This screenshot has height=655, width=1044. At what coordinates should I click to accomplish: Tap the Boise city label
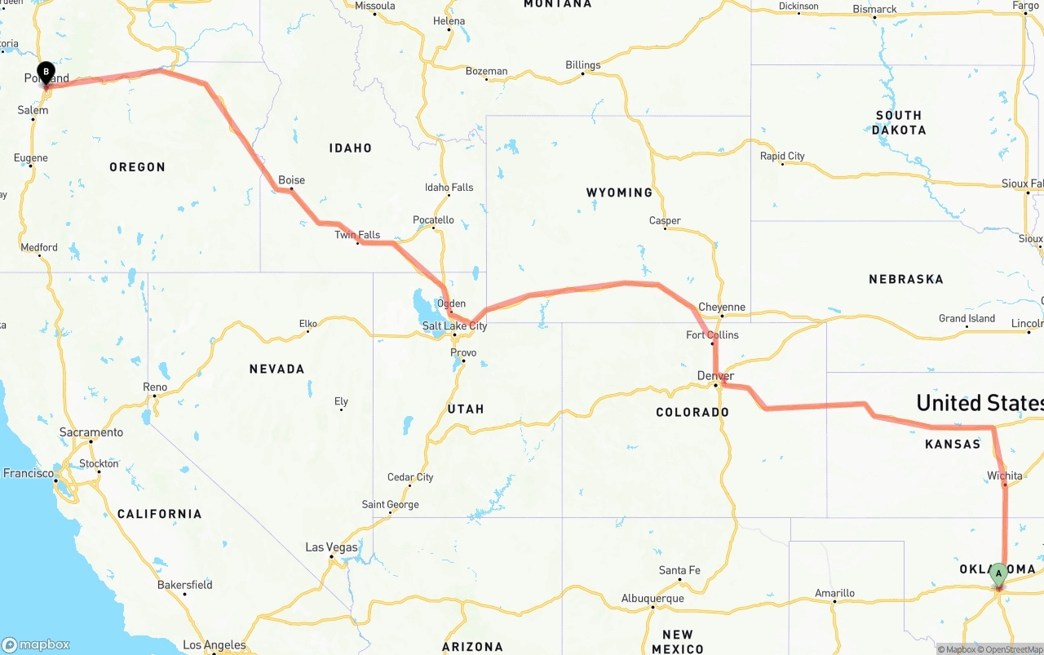[291, 180]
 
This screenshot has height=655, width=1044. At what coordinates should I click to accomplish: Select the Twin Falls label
[357, 235]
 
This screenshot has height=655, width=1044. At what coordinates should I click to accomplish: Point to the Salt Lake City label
[454, 326]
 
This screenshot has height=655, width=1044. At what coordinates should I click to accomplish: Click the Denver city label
[715, 376]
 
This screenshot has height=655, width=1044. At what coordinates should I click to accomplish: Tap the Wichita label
[1004, 476]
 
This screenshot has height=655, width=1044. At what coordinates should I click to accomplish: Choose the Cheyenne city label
[722, 308]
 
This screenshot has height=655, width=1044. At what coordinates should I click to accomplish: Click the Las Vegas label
[331, 547]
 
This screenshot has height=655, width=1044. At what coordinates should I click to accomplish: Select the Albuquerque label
[652, 598]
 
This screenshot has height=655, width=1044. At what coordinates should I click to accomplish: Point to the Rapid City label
[782, 156]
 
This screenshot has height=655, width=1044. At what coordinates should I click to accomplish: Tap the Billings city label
[582, 65]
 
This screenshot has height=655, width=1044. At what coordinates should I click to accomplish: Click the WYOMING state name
[619, 193]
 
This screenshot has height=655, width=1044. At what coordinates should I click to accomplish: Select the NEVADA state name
[276, 369]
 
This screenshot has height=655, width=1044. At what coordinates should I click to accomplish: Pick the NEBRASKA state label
[905, 279]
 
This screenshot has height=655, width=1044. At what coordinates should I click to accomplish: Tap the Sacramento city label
[91, 432]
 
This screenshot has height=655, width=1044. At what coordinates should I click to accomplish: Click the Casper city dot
[666, 228]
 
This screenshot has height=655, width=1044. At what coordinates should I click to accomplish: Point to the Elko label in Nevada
[307, 324]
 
